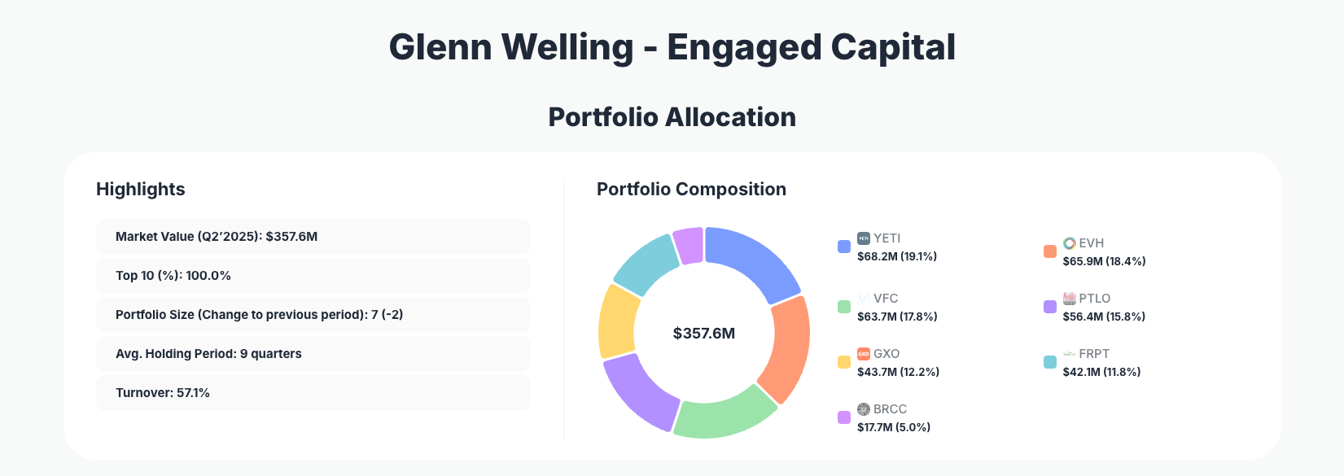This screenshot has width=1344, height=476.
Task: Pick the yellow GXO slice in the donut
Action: click(x=619, y=321)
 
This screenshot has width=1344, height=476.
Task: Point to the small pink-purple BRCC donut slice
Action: click(x=690, y=245)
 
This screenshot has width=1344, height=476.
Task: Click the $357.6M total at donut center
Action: click(x=704, y=334)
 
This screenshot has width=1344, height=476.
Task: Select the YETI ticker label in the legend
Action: click(x=887, y=238)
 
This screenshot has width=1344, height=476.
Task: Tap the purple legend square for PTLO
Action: click(x=1050, y=307)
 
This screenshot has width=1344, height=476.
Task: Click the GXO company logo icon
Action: click(x=864, y=354)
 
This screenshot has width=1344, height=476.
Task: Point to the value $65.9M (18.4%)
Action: click(x=1104, y=261)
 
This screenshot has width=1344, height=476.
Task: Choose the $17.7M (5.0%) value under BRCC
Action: click(x=894, y=427)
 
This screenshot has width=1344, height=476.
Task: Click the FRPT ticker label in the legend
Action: click(x=1093, y=354)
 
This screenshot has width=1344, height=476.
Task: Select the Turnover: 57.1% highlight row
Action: click(x=313, y=393)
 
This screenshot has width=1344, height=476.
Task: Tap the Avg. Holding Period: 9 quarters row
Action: click(x=313, y=354)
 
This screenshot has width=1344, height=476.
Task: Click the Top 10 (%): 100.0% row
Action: click(x=313, y=276)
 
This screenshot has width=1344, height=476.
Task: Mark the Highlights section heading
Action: click(x=141, y=189)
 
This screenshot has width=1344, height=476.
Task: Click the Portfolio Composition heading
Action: click(x=691, y=189)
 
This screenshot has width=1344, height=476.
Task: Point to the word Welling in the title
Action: click(x=567, y=47)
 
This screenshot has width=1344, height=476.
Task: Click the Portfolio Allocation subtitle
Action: click(x=672, y=117)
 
